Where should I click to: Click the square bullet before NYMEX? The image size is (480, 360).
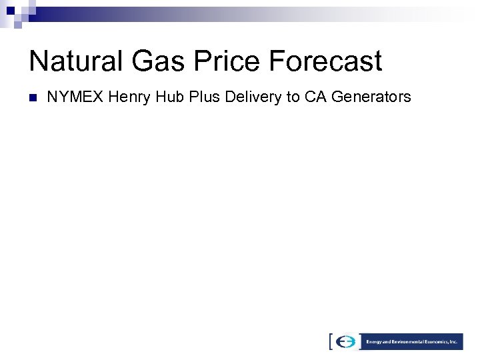click(x=31, y=98)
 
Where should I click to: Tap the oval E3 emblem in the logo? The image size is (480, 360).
click(x=346, y=341)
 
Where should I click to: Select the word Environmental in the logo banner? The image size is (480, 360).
click(x=409, y=341)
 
